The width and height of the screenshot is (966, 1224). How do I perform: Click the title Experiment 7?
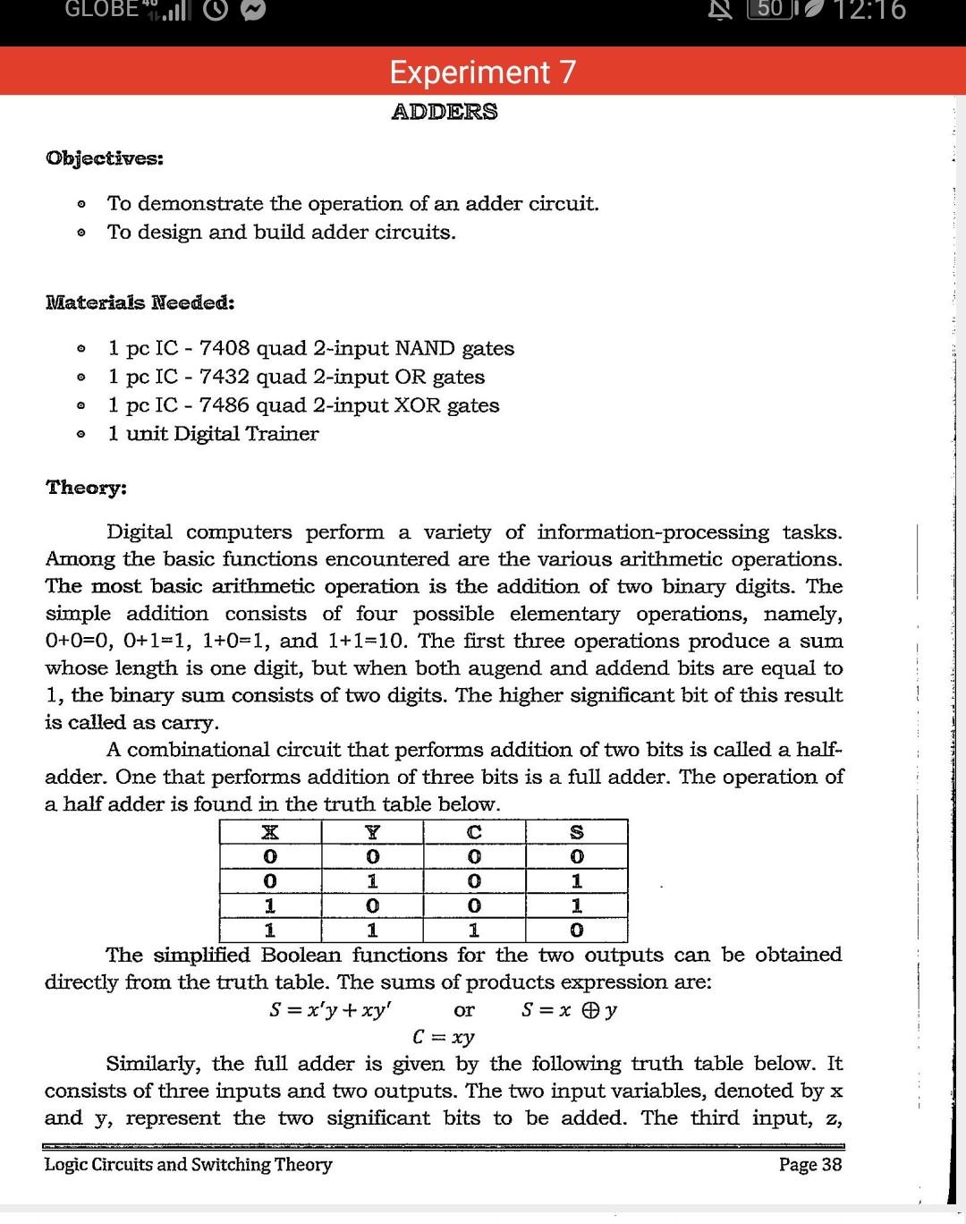tap(483, 72)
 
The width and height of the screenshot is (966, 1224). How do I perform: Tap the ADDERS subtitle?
tap(445, 112)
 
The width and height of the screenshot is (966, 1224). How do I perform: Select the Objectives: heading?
tap(105, 158)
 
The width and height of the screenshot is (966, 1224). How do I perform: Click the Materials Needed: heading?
tap(140, 302)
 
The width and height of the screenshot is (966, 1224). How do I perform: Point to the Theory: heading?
tap(87, 488)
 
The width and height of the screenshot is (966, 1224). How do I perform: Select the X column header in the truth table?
tap(268, 832)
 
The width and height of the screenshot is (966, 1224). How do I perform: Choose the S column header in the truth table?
tap(577, 832)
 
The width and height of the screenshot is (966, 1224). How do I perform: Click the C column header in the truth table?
tap(474, 832)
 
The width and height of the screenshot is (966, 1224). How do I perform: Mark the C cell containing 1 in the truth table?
tap(474, 931)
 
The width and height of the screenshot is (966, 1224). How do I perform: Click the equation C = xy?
tap(444, 1037)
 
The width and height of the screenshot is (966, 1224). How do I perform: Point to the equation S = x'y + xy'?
tap(331, 1011)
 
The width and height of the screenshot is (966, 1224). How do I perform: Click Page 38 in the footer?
tap(809, 1164)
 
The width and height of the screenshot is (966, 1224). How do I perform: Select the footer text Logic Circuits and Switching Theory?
tap(189, 1164)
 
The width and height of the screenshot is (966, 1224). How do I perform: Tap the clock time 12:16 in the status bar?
tap(869, 11)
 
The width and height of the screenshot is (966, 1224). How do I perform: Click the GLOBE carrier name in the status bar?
tap(101, 9)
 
